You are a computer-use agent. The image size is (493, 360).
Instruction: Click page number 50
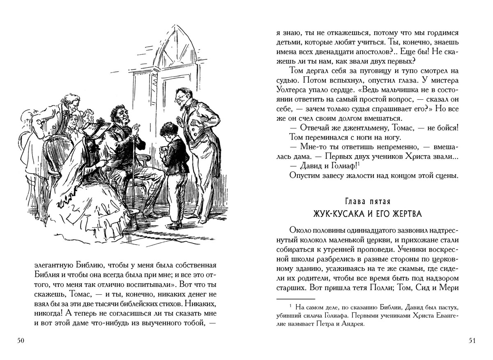[x=20, y=341]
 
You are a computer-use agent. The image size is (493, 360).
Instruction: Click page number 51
[x=472, y=341]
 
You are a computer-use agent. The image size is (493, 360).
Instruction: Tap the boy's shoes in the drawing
[x=175, y=224]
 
